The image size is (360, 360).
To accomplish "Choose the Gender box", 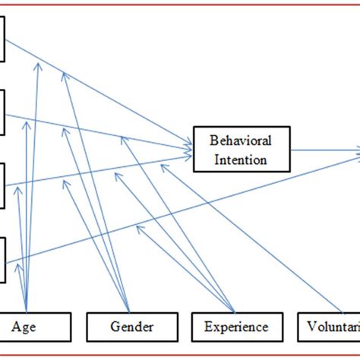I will tap(131, 327).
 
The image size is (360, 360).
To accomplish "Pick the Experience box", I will tap(235, 327).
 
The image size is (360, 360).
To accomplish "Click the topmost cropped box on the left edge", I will tap(3, 39).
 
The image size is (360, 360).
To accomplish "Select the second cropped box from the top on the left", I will tap(3, 112).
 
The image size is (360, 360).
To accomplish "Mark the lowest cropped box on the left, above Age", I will tap(3, 261).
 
